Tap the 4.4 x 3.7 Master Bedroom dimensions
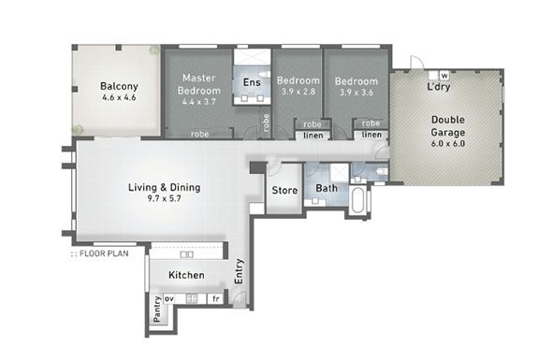coord(199,101)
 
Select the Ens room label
coord(252,83)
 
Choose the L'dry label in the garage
coord(439,87)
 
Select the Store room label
coord(284,190)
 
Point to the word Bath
coord(326,189)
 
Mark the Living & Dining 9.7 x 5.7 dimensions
coord(164,199)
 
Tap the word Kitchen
coord(186,275)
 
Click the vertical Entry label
coord(238,272)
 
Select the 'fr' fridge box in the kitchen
coord(214,299)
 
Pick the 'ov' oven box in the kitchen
coord(169,299)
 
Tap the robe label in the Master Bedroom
coord(199,134)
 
